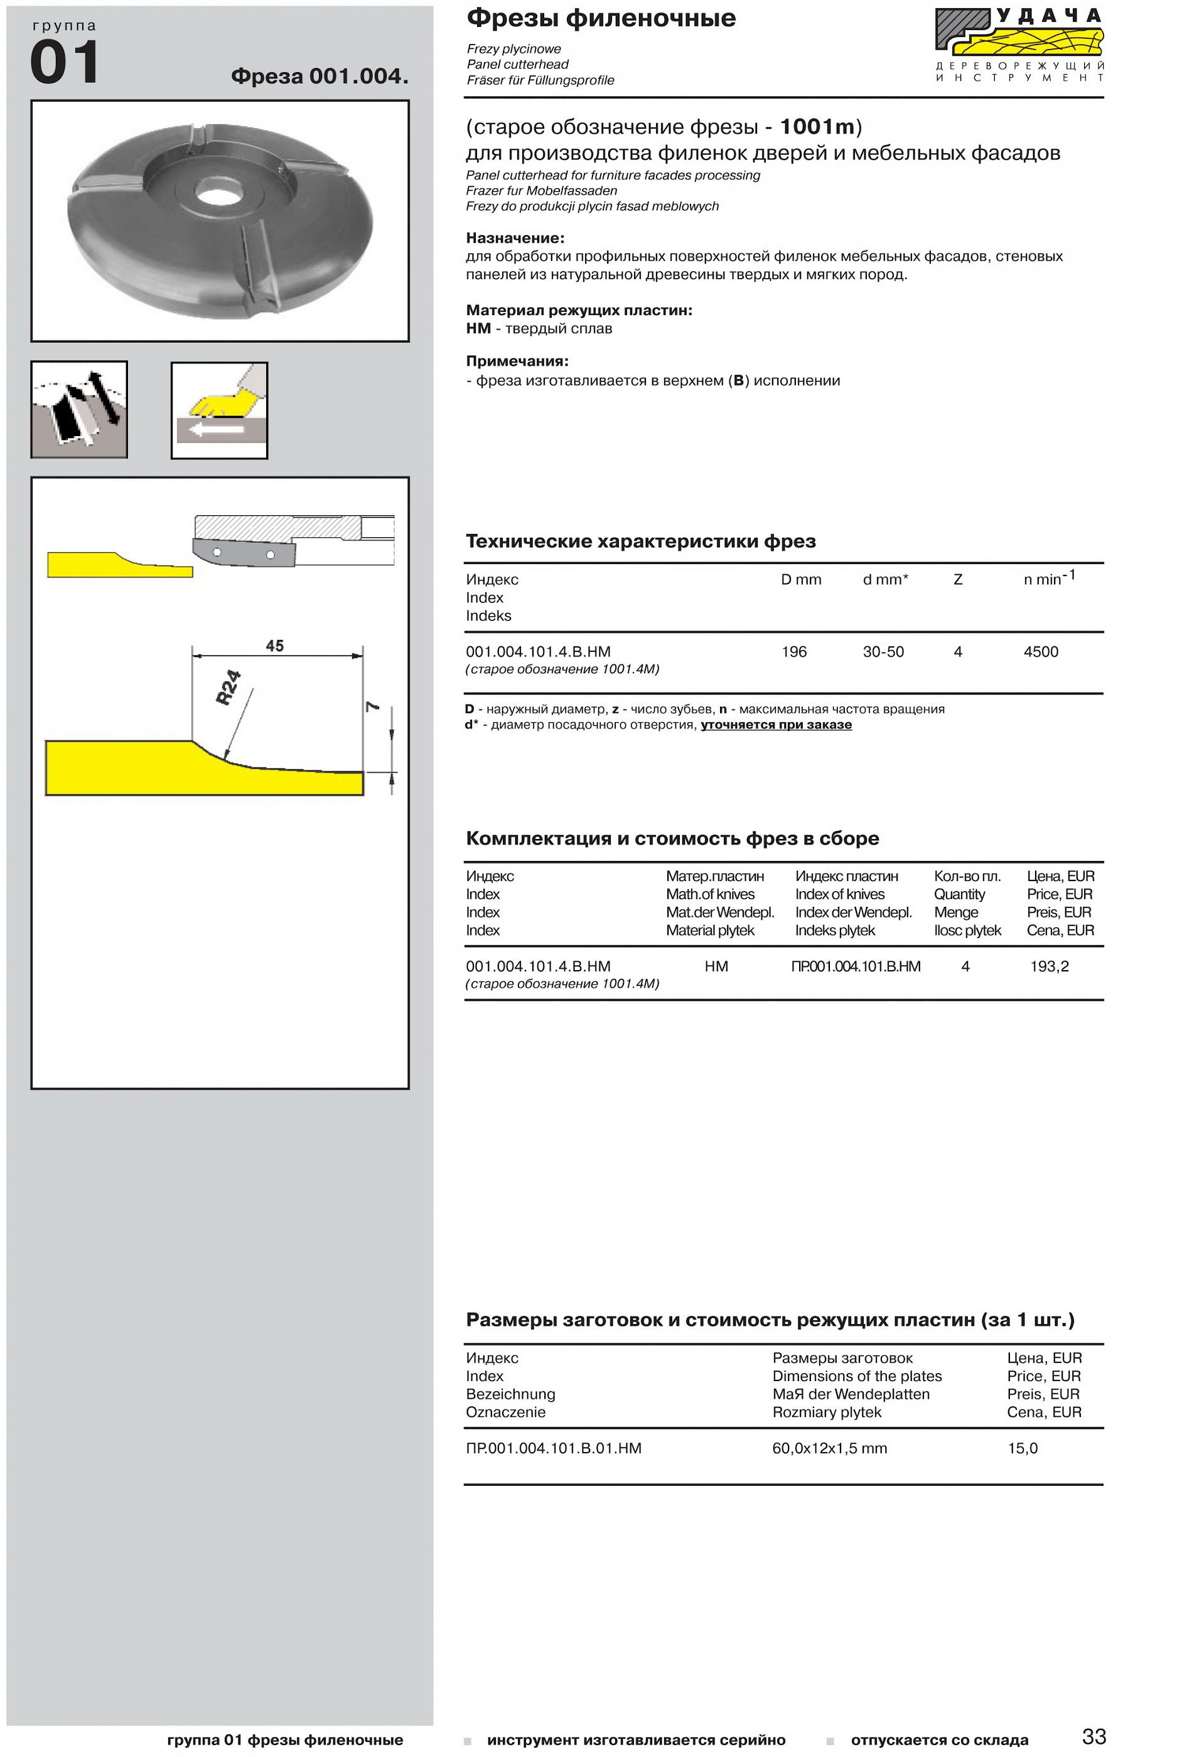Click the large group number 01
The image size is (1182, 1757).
pos(64,63)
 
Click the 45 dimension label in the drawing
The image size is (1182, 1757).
pos(274,646)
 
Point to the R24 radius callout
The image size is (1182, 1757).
pos(228,687)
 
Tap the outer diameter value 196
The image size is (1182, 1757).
pos(794,652)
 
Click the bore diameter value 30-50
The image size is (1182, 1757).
pos(883,652)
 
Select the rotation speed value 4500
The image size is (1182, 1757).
pos(1040,652)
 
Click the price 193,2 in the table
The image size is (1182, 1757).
pos(1050,966)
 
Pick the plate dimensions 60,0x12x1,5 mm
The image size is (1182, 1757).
pos(829,1448)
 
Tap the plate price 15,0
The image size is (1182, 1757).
pos(1022,1448)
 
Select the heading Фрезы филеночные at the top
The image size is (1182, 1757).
pos(601,18)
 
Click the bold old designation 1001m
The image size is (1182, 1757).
pos(817,127)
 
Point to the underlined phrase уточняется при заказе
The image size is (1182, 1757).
pos(776,725)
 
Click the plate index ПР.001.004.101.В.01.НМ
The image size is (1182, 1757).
pos(553,1448)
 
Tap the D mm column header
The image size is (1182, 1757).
pos(800,579)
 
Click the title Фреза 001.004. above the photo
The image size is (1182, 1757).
pos(320,76)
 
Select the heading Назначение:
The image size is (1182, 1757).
pos(515,238)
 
